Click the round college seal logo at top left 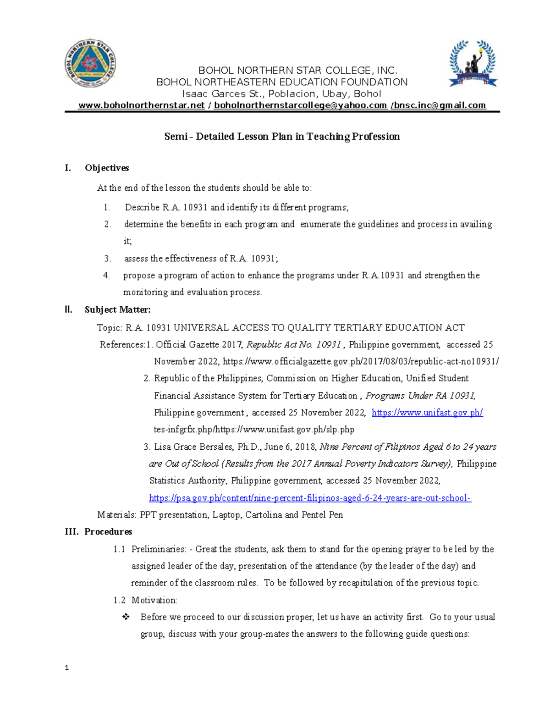tap(90, 63)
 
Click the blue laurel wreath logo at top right tap(472, 63)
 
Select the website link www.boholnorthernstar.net tap(141, 105)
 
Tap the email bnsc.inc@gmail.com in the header tap(439, 105)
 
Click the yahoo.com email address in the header tap(300, 105)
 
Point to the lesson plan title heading tap(282, 137)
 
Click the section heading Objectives tap(107, 168)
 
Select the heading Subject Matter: tap(117, 310)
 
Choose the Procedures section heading tap(108, 532)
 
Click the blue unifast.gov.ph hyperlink tap(427, 413)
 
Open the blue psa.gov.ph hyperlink tap(310, 498)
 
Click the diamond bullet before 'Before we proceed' tap(126, 617)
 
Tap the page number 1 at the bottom tap(67, 668)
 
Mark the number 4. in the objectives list tap(106, 276)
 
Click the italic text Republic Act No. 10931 tap(294, 345)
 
